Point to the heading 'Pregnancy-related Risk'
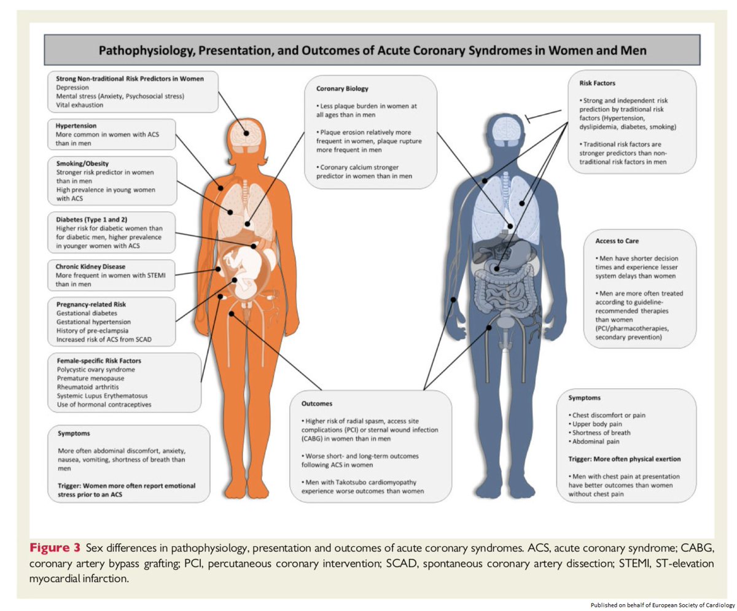88,305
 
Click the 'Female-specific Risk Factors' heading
96,361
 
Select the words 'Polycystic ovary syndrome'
96,370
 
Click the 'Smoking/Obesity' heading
82,164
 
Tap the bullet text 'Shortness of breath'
603,432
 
